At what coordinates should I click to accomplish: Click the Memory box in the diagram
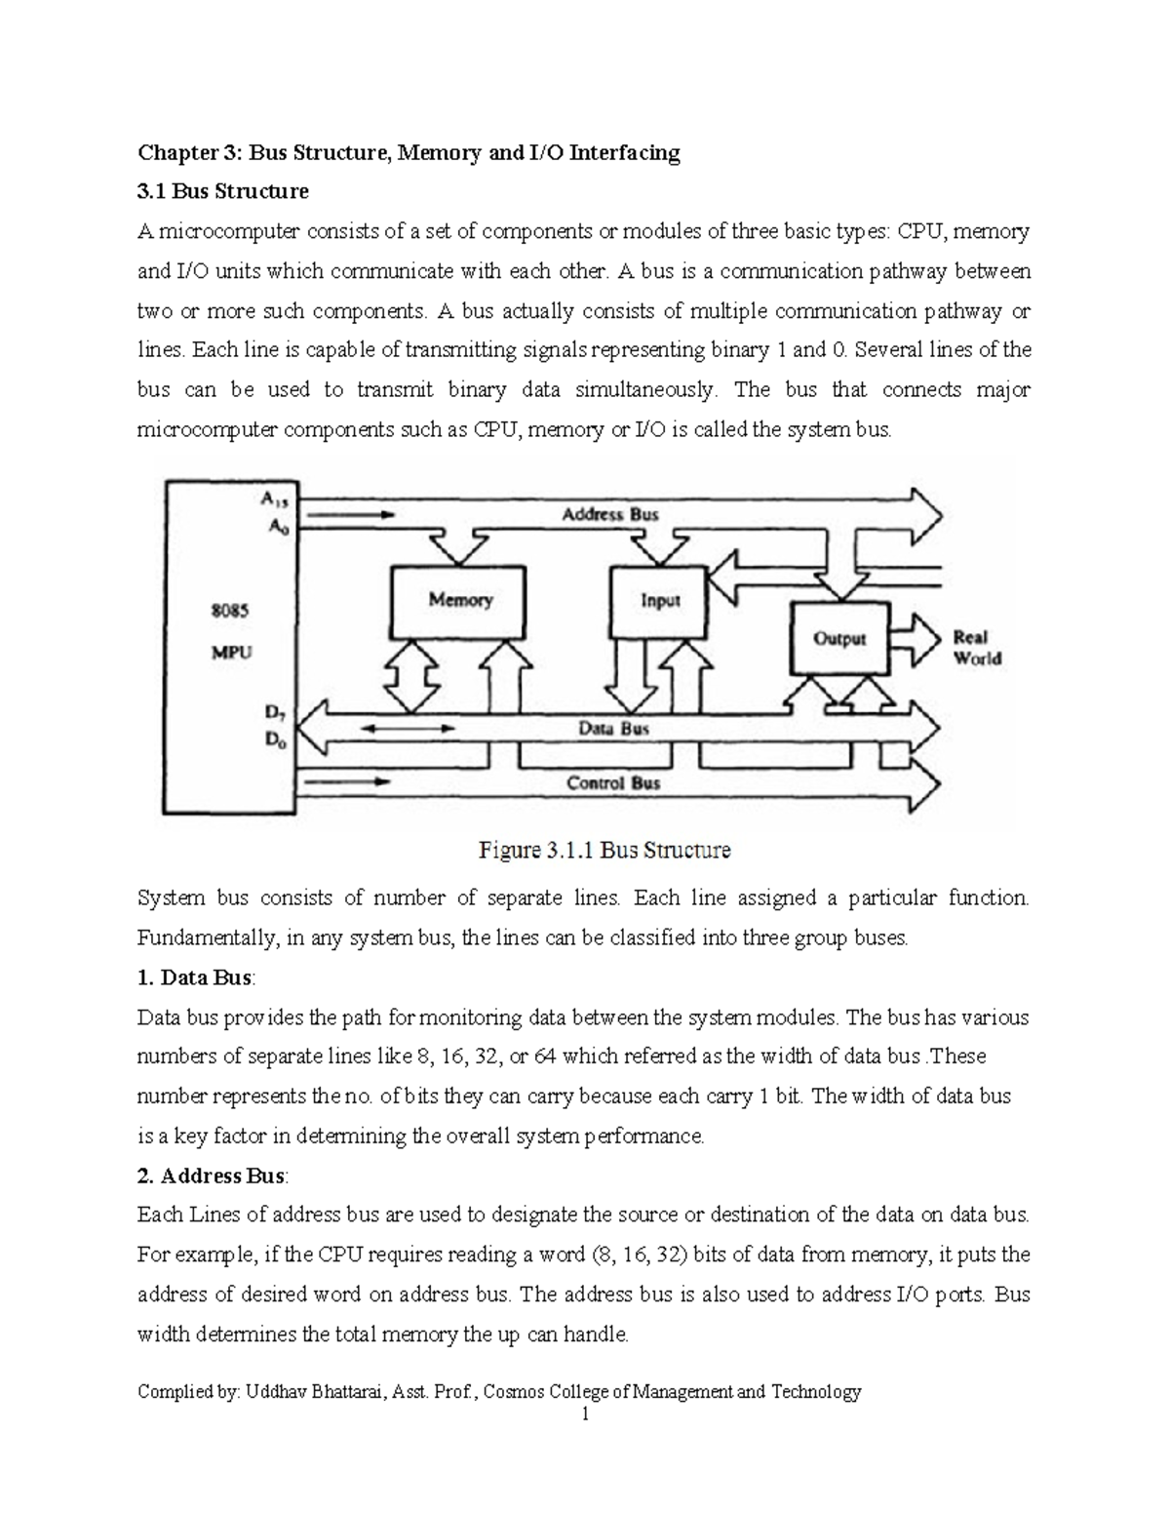[x=458, y=600]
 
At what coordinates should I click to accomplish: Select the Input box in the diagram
[x=659, y=600]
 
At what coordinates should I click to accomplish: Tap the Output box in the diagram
[x=839, y=639]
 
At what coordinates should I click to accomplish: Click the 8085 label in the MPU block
[x=231, y=611]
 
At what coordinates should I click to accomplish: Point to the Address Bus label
[x=610, y=514]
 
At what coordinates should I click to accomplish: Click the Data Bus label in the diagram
[x=613, y=729]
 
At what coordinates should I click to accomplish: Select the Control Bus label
[x=613, y=783]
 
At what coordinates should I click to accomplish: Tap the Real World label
[x=977, y=648]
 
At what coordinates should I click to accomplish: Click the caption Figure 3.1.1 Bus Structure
[x=604, y=851]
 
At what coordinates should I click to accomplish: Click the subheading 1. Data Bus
[x=196, y=977]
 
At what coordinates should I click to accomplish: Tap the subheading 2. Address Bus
[x=213, y=1176]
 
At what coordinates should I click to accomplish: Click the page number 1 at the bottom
[x=585, y=1415]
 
